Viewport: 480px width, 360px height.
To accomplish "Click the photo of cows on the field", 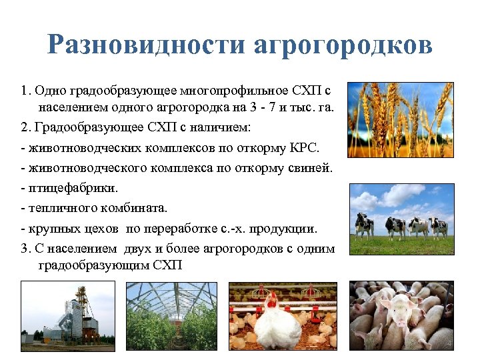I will (x=402, y=219).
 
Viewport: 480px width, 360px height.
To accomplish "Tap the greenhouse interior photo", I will (x=172, y=316).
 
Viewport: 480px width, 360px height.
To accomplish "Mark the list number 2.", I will (x=24, y=127).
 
